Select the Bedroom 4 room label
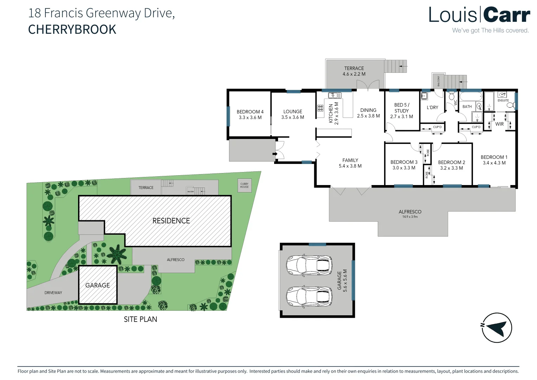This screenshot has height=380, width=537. click(250, 114)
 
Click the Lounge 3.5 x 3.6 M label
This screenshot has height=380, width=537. click(292, 114)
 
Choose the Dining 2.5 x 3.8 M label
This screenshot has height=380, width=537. click(368, 113)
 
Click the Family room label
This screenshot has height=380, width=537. click(350, 163)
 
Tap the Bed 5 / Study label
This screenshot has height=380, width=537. click(401, 110)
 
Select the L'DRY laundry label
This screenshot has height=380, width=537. click(432, 107)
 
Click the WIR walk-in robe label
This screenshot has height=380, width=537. click(499, 124)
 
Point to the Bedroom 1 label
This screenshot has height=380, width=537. click(494, 160)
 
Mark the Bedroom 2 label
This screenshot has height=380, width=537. click(451, 165)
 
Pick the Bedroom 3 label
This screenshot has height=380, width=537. click(404, 165)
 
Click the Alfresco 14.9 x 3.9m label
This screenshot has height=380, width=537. click(410, 214)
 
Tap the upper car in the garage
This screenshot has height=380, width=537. click(309, 265)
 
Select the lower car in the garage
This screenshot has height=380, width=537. click(309, 296)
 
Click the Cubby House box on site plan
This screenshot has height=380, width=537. click(244, 185)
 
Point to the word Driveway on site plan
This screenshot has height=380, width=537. click(53, 293)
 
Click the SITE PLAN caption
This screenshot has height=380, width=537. click(140, 319)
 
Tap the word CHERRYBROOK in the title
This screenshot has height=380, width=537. click(72, 30)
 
